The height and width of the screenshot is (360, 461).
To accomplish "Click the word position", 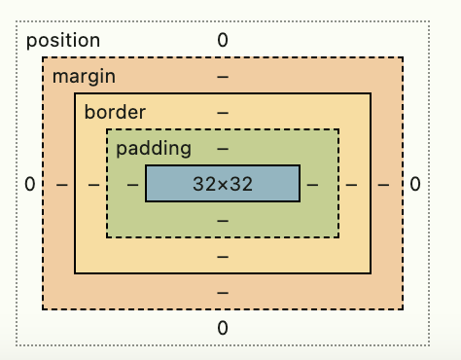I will coord(63,41).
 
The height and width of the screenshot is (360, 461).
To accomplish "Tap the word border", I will coord(114,112).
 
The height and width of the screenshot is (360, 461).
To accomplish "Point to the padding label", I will coord(153,149).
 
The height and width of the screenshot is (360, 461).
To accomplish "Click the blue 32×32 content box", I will coord(223,184).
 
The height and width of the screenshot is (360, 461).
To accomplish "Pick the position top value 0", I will coord(223,41).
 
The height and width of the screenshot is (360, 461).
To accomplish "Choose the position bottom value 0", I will coord(223,328).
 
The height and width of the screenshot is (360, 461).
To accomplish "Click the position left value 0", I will coord(30,184).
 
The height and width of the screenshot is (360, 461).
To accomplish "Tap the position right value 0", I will coord(415,184).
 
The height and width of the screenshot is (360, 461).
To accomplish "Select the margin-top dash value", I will coord(223,76).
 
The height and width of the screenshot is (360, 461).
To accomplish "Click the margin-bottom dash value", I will coord(223,293).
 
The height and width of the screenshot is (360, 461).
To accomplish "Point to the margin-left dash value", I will coord(61,184).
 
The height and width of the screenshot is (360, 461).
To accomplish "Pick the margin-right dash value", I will coord(385,184).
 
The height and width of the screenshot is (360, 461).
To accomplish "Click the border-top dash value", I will coord(223,112).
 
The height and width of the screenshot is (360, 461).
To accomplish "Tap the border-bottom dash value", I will coord(223,257).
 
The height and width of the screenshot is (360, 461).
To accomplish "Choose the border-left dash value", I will coord(93,184).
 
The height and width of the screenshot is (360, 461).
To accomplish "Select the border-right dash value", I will coord(353,184).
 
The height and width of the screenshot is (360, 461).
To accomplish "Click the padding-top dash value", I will coord(223,149).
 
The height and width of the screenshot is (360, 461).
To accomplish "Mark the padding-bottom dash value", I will coord(223,221).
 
